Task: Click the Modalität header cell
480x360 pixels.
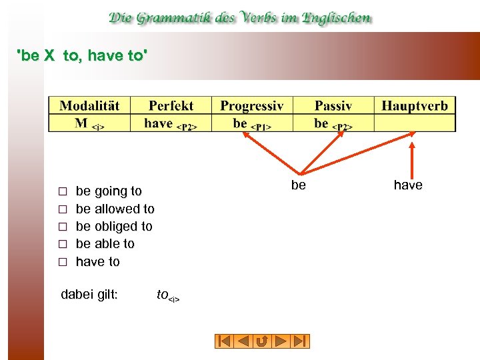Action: tap(89, 106)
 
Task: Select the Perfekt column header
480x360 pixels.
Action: tap(171, 106)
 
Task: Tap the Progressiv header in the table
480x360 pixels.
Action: tap(252, 106)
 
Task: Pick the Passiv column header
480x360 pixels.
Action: tap(333, 106)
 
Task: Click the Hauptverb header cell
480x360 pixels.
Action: tap(415, 106)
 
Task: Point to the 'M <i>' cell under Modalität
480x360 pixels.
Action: tap(89, 123)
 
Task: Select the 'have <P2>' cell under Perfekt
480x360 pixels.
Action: tap(171, 123)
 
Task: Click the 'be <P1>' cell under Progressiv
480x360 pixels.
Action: tap(252, 123)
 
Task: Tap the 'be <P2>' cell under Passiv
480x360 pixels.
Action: tap(333, 123)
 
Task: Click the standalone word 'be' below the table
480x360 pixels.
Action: tap(299, 185)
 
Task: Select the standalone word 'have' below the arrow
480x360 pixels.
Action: tap(408, 185)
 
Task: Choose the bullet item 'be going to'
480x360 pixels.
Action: tap(109, 191)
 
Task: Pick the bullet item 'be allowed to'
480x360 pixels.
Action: tap(115, 209)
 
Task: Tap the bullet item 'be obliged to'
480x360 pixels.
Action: tap(114, 227)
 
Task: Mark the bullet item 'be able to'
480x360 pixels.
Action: tap(105, 244)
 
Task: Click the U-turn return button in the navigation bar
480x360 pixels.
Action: tap(262, 341)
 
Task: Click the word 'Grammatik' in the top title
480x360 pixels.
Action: tap(179, 18)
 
